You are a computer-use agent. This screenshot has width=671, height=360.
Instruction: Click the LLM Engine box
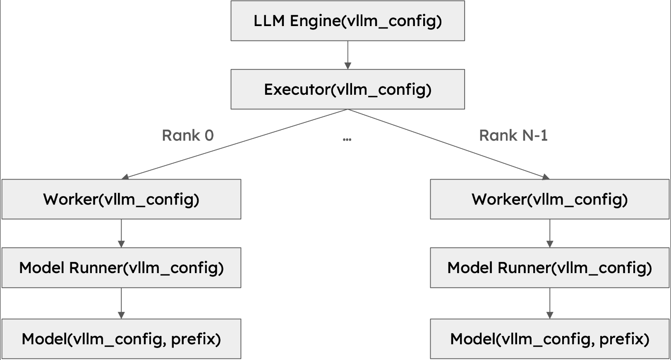click(347, 21)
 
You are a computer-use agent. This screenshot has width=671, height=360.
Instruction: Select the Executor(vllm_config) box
click(347, 89)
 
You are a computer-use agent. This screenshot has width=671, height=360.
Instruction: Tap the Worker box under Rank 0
click(121, 199)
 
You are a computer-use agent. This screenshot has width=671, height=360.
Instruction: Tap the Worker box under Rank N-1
click(549, 199)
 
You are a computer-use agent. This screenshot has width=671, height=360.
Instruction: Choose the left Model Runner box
click(121, 268)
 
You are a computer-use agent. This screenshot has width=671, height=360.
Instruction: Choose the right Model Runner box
click(549, 268)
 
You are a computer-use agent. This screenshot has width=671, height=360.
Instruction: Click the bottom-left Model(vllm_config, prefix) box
click(121, 339)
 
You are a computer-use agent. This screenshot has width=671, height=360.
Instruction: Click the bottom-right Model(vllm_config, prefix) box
click(549, 339)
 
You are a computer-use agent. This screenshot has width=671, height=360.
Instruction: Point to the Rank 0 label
click(187, 135)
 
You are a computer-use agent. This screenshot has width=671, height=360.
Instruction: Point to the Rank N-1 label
click(513, 135)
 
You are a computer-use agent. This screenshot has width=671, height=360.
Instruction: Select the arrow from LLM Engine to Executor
click(347, 55)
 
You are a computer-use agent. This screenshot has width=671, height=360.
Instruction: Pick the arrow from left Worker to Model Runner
click(121, 233)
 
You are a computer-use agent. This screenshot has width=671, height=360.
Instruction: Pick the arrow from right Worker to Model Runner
click(549, 233)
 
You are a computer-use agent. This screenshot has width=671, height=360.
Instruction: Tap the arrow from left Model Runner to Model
click(121, 303)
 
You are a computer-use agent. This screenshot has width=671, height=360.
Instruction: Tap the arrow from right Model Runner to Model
click(549, 303)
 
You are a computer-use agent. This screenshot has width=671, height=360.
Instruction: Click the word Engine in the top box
click(315, 21)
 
